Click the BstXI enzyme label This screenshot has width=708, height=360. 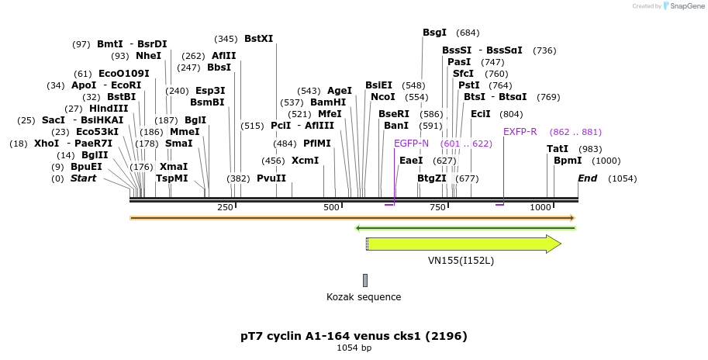click(258, 38)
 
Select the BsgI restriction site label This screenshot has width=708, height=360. click(434, 33)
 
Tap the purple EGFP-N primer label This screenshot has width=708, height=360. click(411, 144)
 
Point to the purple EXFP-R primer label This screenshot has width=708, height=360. click(520, 132)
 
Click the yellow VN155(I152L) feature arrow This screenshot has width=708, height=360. click(464, 244)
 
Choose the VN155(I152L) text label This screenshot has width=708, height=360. click(461, 261)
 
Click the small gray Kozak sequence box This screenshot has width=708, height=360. click(365, 280)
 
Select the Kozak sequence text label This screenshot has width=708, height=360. click(364, 296)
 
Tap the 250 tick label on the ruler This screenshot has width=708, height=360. click(225, 207)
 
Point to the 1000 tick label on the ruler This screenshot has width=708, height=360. click(540, 207)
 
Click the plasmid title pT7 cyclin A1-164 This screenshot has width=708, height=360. click(354, 336)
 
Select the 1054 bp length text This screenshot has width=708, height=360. click(354, 348)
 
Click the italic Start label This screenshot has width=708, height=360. click(84, 178)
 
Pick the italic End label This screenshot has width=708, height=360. click(588, 178)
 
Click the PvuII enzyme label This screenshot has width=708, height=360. click(271, 178)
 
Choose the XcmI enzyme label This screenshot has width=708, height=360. click(305, 161)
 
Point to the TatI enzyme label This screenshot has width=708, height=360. click(558, 149)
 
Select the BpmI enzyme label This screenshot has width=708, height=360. click(568, 161)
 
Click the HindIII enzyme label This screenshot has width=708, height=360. click(109, 109)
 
